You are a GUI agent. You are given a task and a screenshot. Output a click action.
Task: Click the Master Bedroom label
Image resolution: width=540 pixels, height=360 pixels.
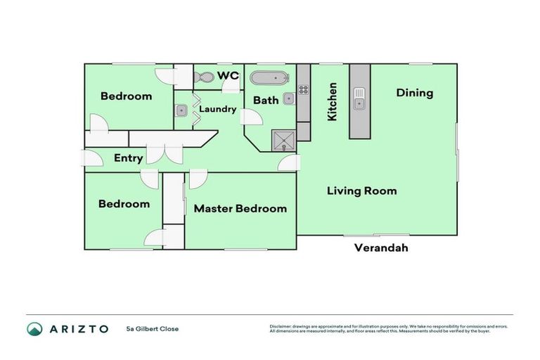pyautogui.click(x=240, y=209)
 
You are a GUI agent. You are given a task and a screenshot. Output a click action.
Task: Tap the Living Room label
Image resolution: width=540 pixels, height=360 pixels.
pyautogui.click(x=361, y=191)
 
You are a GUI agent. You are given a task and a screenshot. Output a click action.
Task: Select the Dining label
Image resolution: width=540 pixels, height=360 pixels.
pyautogui.click(x=414, y=93)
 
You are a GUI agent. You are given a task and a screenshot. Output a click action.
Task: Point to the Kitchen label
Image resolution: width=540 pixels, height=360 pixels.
pyautogui.click(x=333, y=101)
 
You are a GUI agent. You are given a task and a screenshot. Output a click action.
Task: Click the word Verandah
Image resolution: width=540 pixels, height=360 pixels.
pyautogui.click(x=380, y=247)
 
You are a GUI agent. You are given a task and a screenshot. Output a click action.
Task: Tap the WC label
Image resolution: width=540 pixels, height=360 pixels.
pyautogui.click(x=228, y=75)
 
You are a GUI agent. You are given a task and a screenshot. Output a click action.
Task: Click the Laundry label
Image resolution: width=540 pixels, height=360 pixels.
pyautogui.click(x=217, y=109)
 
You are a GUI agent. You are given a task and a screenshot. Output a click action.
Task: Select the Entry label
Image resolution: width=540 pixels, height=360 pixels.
pyautogui.click(x=128, y=158)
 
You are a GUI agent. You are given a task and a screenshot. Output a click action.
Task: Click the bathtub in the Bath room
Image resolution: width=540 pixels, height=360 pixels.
pyautogui.click(x=269, y=78)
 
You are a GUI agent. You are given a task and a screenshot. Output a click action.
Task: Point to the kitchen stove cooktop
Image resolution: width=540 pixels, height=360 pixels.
pyautogui.click(x=304, y=89)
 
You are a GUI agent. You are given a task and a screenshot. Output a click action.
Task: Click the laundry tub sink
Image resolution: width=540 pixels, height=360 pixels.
pyautogui.click(x=181, y=110)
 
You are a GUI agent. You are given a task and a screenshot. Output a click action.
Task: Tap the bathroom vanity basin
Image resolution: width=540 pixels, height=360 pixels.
pyautogui.click(x=288, y=98)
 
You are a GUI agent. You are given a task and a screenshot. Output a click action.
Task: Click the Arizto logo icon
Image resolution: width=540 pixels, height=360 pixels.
pyautogui.click(x=34, y=328)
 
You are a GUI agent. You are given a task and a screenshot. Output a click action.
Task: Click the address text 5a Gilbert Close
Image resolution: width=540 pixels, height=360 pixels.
pyautogui.click(x=153, y=328)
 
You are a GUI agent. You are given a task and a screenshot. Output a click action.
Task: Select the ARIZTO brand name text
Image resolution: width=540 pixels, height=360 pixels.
pyautogui.click(x=78, y=328)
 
